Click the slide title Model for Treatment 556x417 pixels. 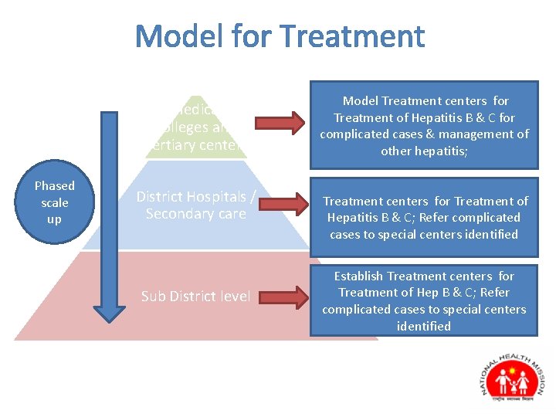tap(280, 36)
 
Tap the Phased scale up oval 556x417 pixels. tap(54, 202)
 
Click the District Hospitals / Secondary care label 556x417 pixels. tap(195, 205)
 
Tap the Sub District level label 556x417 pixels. tap(195, 297)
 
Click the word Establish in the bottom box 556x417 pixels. tap(358, 276)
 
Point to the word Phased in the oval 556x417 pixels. tap(54, 186)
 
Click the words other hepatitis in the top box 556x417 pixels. tap(423, 151)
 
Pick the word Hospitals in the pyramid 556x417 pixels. tap(219, 197)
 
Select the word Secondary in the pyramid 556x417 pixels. tap(173, 214)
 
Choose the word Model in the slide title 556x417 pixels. tap(176, 36)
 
